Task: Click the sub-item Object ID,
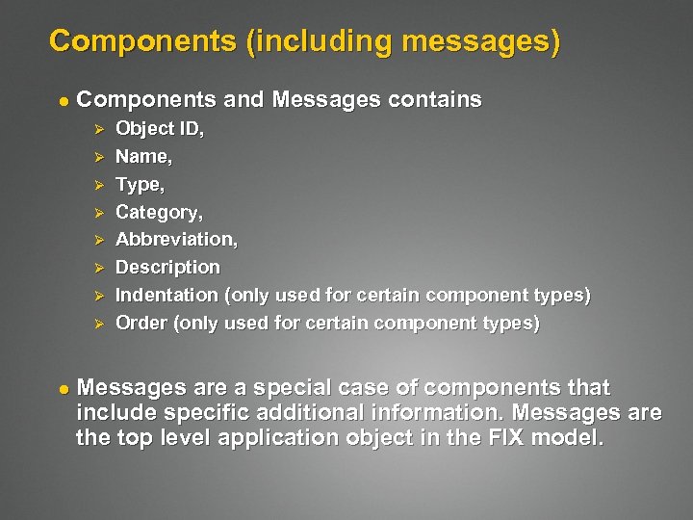pos(159,128)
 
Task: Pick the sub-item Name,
pos(143,156)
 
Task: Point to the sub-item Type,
pos(140,184)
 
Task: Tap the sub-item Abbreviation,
pos(176,239)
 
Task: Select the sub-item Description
pos(167,267)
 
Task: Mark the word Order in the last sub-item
pos(141,323)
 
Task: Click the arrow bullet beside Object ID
pos(95,129)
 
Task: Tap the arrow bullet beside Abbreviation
pos(95,240)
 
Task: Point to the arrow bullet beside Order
pos(95,324)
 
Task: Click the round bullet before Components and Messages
pos(61,100)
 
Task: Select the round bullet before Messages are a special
pos(61,388)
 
